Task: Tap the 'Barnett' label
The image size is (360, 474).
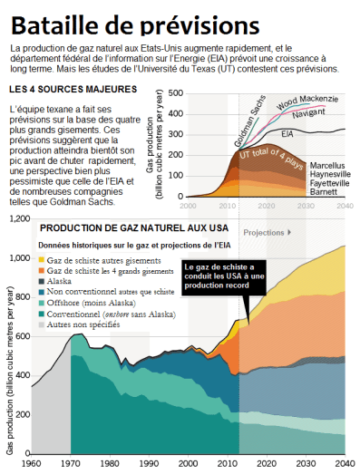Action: pyautogui.click(x=324, y=192)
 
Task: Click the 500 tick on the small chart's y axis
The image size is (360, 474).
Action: pyautogui.click(x=177, y=92)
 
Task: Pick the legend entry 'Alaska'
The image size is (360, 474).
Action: pyautogui.click(x=71, y=282)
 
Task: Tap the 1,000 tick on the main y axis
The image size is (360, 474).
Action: pyautogui.click(x=19, y=258)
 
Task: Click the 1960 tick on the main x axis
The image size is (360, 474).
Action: pyautogui.click(x=32, y=464)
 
